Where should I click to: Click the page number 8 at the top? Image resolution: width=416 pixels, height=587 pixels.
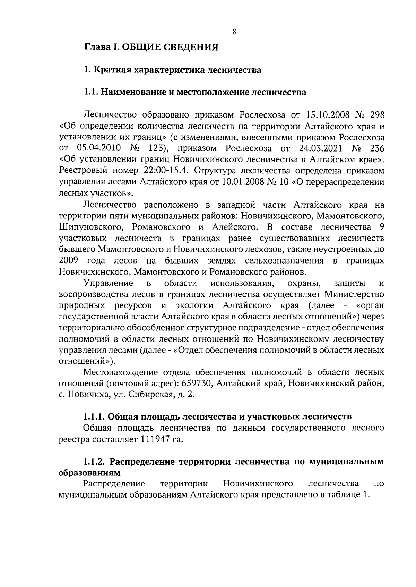[x=234, y=32]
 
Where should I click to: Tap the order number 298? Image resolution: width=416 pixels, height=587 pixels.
[x=375, y=114]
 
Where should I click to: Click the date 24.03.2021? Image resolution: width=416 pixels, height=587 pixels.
[x=320, y=148]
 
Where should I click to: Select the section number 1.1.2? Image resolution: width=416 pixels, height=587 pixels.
[x=95, y=461]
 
